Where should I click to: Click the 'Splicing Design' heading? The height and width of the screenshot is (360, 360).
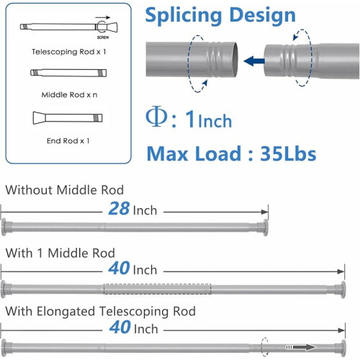pyautogui.click(x=220, y=15)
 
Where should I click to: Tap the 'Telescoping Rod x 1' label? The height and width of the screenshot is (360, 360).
pyautogui.click(x=69, y=52)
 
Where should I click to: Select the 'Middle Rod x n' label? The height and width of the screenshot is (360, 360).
pyautogui.click(x=69, y=95)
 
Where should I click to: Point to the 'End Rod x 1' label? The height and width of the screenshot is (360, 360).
pyautogui.click(x=68, y=140)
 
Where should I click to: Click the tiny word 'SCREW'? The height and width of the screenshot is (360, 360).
pyautogui.click(x=103, y=37)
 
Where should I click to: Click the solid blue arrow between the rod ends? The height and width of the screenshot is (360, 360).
pyautogui.click(x=254, y=61)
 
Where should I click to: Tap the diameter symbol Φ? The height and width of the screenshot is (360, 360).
pyautogui.click(x=156, y=117)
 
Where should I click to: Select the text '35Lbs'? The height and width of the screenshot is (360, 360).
pyautogui.click(x=288, y=153)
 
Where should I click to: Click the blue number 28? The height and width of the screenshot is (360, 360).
pyautogui.click(x=119, y=208)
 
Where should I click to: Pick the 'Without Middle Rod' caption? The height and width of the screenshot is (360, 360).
pyautogui.click(x=65, y=190)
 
